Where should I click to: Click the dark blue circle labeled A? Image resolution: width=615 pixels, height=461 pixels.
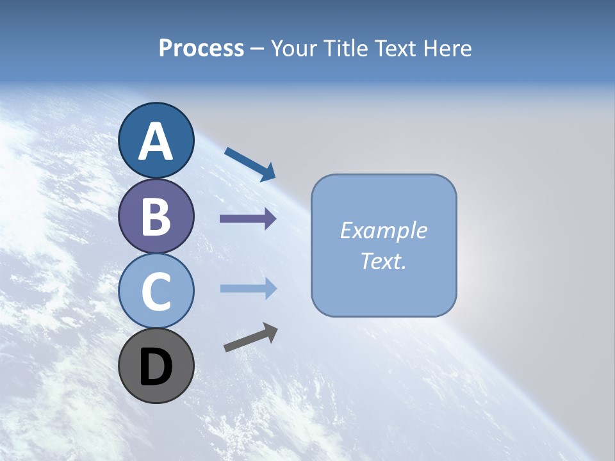click(156, 140)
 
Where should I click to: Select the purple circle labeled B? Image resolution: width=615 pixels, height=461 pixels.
click(156, 216)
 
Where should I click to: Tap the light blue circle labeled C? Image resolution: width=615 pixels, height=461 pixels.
click(156, 291)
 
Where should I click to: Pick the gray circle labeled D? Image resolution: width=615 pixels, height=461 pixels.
click(156, 366)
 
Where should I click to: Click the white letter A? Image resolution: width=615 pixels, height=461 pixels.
click(156, 142)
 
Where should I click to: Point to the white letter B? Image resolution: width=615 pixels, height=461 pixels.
click(156, 216)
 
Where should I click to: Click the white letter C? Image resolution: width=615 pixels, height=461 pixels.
click(156, 292)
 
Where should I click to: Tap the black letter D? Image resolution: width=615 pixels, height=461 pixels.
click(156, 367)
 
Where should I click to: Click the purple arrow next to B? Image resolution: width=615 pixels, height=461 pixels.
click(247, 219)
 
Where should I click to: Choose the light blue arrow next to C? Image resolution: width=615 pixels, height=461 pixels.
click(247, 289)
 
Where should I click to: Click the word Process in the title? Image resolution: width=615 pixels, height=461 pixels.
click(201, 48)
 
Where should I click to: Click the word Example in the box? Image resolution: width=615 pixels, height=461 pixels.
click(383, 230)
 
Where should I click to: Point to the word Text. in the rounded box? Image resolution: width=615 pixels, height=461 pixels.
click(383, 261)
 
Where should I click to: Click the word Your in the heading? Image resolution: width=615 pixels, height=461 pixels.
click(293, 48)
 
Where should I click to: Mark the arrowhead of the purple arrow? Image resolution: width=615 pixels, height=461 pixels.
click(270, 219)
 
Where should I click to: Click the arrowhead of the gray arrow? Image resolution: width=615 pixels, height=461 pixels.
click(271, 332)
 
